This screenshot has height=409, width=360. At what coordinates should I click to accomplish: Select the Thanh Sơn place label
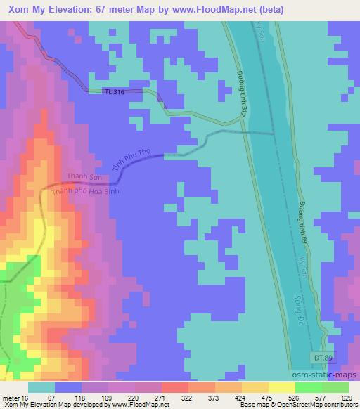84,176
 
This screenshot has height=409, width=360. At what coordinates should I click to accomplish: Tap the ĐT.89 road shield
319,358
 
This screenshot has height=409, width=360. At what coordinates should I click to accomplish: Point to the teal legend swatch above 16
41,387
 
